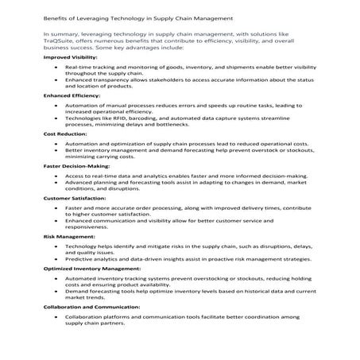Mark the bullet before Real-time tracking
pyautogui.click(x=56, y=68)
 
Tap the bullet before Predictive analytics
pyautogui.click(x=56, y=258)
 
